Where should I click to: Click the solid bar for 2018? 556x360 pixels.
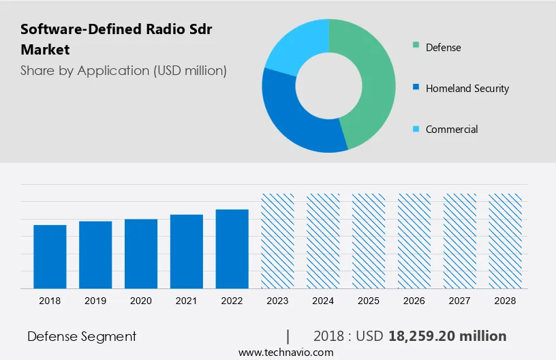tap(50, 257)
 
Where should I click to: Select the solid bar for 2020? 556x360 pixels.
tap(141, 254)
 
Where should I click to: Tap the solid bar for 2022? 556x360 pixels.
tap(232, 249)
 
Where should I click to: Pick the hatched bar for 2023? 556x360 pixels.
tap(278, 241)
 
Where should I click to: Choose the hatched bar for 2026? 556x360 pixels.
tap(414, 241)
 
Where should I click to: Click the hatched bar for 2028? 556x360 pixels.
tap(506, 241)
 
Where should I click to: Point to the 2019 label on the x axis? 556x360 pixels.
tap(95, 301)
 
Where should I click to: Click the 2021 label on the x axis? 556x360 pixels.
tap(187, 301)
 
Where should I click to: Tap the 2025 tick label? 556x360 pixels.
tap(369, 301)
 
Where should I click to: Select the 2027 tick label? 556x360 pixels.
tap(460, 301)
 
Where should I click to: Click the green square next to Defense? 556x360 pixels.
tap(415, 47)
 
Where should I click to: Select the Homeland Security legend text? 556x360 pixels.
tap(467, 89)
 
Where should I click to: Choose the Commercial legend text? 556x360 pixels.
tap(452, 130)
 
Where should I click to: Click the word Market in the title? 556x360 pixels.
tap(45, 50)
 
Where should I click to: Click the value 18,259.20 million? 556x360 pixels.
tap(447, 336)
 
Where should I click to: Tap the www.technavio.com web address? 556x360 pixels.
tap(285, 352)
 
